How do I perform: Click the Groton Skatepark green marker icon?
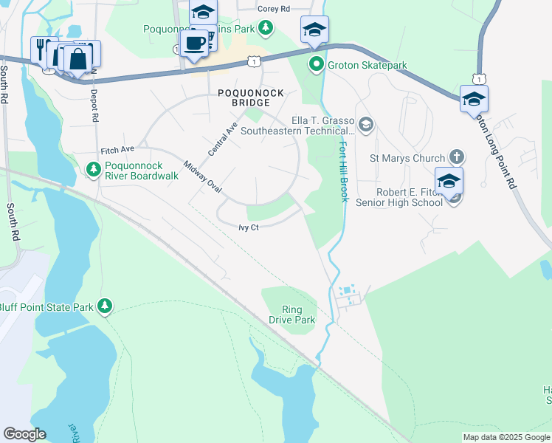click(317, 66)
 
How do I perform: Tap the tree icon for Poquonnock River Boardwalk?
click(94, 171)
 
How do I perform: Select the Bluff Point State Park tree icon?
click(105, 306)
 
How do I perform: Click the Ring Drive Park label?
click(299, 315)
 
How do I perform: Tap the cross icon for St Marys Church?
click(457, 158)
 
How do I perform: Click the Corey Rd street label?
click(274, 9)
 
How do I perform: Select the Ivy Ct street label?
click(248, 228)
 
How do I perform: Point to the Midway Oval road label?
click(203, 177)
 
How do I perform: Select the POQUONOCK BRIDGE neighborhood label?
click(239, 97)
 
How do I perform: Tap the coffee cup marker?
click(195, 44)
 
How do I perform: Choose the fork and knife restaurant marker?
click(41, 49)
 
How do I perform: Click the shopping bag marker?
click(77, 58)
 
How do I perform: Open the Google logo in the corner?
click(24, 434)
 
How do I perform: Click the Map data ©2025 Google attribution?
click(506, 437)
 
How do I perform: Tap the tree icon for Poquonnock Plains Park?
click(265, 29)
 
